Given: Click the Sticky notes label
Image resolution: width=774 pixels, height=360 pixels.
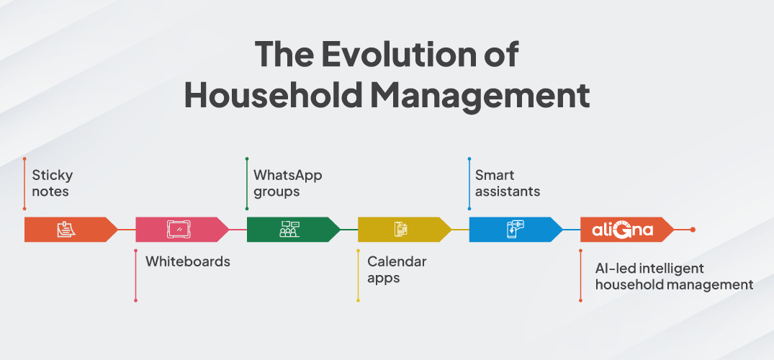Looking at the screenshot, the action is [x=53, y=183].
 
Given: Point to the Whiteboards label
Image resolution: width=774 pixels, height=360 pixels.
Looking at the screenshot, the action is [x=188, y=261].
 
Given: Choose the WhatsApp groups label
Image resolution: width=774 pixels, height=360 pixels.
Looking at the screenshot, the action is [x=288, y=183].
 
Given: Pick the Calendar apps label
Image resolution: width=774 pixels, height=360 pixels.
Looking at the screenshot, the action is [x=397, y=269].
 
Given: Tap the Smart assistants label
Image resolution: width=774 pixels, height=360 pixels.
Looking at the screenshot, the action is [x=508, y=183].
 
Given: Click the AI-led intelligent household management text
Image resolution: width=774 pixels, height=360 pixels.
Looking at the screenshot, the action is [x=675, y=276].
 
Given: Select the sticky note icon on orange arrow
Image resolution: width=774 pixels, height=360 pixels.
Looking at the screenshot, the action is [x=66, y=230].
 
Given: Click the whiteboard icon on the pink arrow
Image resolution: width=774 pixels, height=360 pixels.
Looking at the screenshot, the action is [x=179, y=230].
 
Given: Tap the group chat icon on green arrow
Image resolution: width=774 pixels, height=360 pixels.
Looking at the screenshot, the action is [x=289, y=230].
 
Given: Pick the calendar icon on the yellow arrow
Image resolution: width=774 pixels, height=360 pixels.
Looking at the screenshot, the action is [x=401, y=230].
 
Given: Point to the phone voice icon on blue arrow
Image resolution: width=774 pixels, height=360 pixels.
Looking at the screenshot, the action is [x=514, y=230].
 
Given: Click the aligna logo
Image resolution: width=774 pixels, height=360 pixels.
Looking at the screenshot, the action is [x=623, y=230].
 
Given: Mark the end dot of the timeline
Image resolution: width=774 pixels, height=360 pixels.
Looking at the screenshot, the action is [x=693, y=230].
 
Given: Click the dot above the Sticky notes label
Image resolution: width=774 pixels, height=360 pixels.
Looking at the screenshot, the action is [x=24, y=159].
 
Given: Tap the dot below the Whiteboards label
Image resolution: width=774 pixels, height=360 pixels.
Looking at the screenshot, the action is [x=136, y=300].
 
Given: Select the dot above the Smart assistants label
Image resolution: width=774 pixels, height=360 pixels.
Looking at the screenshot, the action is [x=469, y=159].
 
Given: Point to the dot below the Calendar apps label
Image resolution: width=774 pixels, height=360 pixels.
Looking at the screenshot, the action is [x=358, y=300].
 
